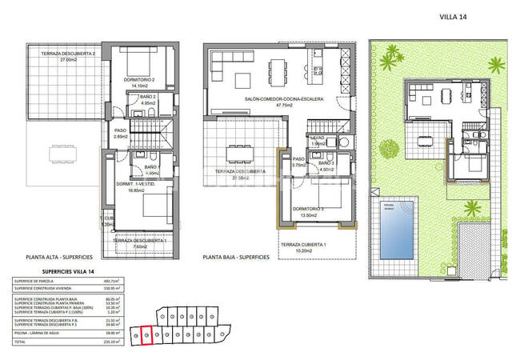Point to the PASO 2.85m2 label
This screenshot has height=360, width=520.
click(x=121, y=134)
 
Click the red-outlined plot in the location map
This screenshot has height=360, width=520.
click(x=146, y=334)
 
